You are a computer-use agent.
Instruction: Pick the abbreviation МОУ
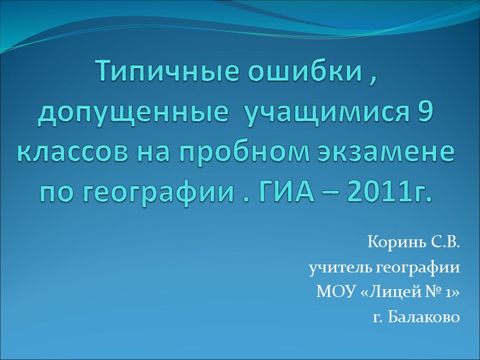tap(331, 293)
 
